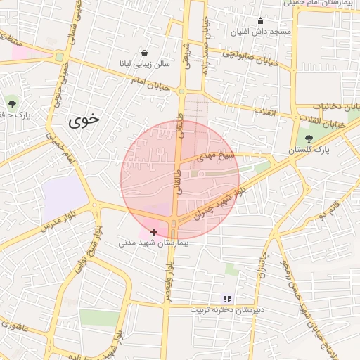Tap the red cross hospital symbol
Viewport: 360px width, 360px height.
click(154, 231)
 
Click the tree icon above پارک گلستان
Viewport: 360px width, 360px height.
click(309, 138)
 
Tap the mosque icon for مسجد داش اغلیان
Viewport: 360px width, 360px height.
click(260, 20)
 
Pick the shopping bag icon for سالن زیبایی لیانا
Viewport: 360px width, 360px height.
click(144, 53)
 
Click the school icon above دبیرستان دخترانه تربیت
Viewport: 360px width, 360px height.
click(226, 298)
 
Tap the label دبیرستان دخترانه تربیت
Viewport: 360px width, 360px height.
click(226, 309)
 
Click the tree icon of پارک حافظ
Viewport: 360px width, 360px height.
click(11, 103)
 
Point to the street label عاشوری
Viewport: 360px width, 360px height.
click(15, 326)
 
